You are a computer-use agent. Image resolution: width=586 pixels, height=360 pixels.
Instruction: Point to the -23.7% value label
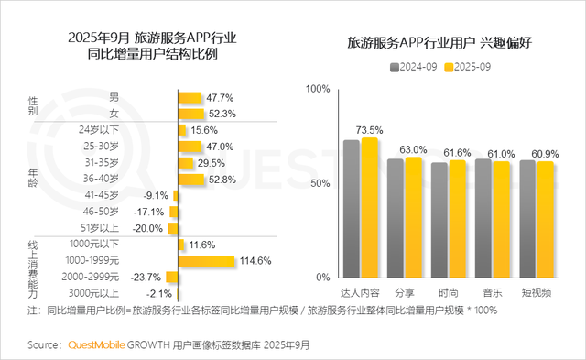(x=146, y=277)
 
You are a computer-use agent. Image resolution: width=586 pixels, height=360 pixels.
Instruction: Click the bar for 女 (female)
(x=190, y=114)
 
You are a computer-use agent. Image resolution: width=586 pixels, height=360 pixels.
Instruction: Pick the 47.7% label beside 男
(x=220, y=97)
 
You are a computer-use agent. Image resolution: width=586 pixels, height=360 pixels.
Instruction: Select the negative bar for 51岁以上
(x=174, y=228)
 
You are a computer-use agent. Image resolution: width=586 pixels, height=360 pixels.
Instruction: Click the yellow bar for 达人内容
(x=369, y=208)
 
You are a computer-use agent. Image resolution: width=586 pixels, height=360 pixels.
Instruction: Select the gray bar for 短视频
(x=527, y=219)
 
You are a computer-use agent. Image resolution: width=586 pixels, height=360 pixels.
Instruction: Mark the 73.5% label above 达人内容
(x=369, y=129)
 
